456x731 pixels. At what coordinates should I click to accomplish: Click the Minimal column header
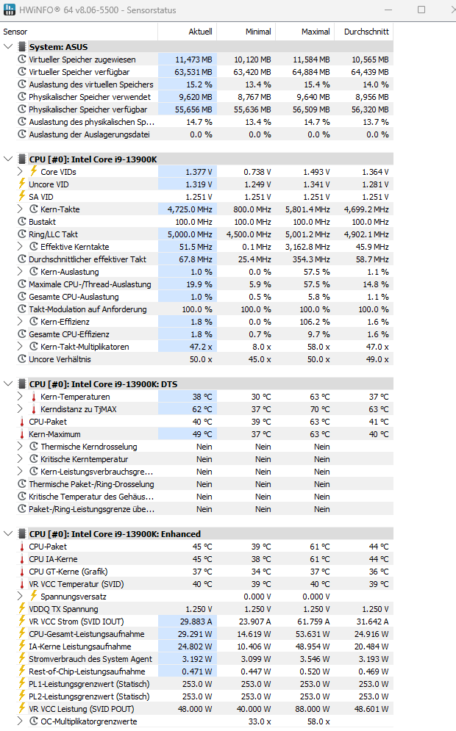click(258, 32)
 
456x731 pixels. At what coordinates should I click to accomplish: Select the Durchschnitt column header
click(366, 32)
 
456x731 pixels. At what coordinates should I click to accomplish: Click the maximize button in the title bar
click(421, 10)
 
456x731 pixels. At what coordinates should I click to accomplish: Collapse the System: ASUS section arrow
click(8, 46)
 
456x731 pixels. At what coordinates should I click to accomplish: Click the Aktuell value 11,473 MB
click(193, 60)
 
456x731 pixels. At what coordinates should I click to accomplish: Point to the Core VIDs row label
click(58, 172)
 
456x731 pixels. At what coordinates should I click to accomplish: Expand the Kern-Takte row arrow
click(20, 209)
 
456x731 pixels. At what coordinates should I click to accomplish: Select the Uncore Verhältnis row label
click(60, 359)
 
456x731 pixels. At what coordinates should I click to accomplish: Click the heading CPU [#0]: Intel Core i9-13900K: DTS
click(103, 384)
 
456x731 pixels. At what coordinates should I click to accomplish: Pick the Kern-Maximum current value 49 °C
click(202, 434)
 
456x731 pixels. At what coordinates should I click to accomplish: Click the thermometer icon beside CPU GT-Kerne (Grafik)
click(22, 572)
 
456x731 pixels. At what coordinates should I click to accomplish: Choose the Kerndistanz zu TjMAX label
click(79, 409)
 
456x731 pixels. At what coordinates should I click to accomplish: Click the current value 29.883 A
click(196, 622)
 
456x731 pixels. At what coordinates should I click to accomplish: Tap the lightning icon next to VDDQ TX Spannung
click(22, 609)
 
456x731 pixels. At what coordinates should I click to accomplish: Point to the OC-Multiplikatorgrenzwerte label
click(89, 721)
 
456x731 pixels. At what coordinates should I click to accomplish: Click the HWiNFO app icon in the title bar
click(10, 10)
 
